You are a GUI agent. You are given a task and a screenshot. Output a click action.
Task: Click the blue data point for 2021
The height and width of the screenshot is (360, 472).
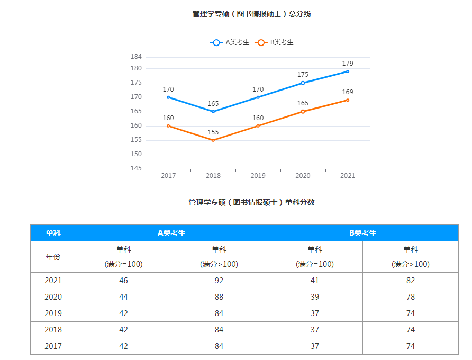coord(348,71)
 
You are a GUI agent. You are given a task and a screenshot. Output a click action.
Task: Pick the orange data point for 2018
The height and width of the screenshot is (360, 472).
coord(213,140)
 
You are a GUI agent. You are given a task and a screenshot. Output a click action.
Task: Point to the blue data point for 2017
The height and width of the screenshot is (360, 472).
coord(168,97)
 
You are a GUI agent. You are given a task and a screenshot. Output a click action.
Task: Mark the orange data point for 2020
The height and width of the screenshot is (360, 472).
coord(303,112)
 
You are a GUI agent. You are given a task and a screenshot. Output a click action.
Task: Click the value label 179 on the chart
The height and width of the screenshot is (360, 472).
coord(348,64)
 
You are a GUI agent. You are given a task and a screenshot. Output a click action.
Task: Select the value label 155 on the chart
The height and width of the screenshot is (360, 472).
coord(213,132)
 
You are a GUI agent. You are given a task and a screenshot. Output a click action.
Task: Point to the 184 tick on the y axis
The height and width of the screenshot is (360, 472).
coord(136,57)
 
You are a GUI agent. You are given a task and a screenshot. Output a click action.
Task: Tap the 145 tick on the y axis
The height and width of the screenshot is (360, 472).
coord(136,168)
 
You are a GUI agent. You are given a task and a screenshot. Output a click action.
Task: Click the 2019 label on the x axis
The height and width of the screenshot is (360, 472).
coord(258,176)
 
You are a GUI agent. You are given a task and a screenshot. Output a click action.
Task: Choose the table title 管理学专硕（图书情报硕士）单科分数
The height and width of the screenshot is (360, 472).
coord(251,202)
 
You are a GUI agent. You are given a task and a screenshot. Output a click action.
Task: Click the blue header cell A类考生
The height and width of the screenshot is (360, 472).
coord(171,233)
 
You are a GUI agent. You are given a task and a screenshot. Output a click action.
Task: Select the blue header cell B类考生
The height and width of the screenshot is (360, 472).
coord(362,233)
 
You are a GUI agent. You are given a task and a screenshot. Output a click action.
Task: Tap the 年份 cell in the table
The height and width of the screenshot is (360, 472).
coord(53,257)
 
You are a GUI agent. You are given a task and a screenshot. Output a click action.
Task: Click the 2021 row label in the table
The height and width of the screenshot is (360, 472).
coord(53,281)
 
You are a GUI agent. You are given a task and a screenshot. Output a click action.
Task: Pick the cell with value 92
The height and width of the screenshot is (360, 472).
coord(219,281)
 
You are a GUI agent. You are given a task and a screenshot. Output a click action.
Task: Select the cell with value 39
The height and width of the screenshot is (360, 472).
coord(315,297)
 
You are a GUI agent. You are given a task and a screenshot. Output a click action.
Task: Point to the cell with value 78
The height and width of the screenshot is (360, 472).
coord(411,297)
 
